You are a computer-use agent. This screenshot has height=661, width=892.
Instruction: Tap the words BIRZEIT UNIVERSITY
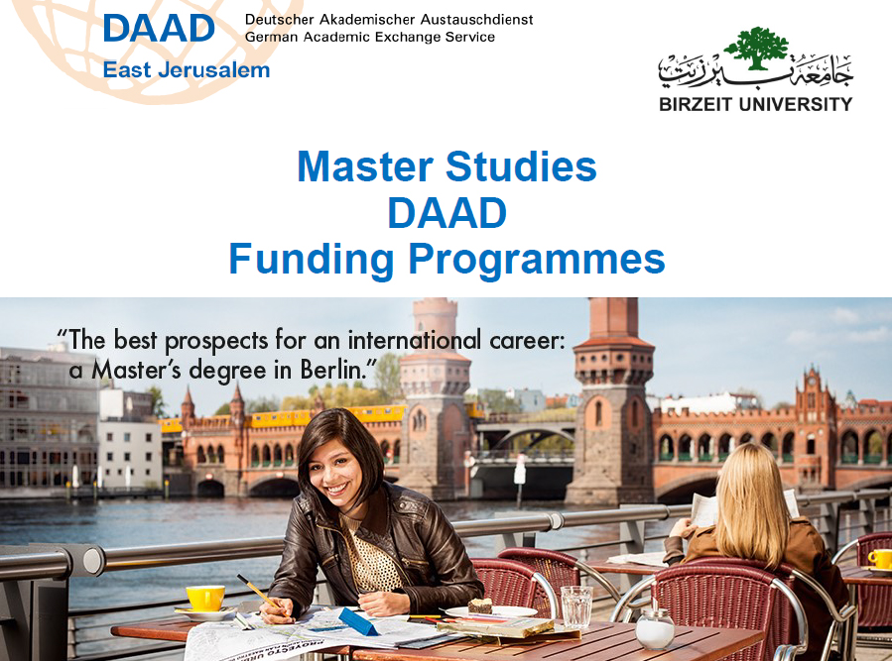[755, 105]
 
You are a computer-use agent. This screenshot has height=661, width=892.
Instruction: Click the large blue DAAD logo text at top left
[159, 29]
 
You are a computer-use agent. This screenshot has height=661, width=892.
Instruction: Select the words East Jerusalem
[187, 70]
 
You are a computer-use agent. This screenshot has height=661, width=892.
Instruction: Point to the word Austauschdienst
[476, 19]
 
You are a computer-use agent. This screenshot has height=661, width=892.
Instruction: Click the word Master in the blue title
[365, 166]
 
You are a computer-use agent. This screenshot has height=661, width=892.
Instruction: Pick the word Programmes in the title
[537, 260]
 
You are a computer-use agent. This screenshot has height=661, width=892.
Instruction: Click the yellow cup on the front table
[205, 598]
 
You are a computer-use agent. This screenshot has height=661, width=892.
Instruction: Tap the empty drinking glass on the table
[576, 606]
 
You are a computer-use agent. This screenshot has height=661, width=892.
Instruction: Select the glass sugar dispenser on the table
[655, 628]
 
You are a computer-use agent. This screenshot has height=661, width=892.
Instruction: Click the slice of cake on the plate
[480, 606]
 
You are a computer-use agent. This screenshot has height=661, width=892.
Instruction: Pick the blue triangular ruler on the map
[358, 621]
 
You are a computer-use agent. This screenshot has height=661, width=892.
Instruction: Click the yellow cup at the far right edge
[880, 559]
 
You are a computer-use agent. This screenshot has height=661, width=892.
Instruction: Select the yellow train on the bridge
[285, 418]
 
